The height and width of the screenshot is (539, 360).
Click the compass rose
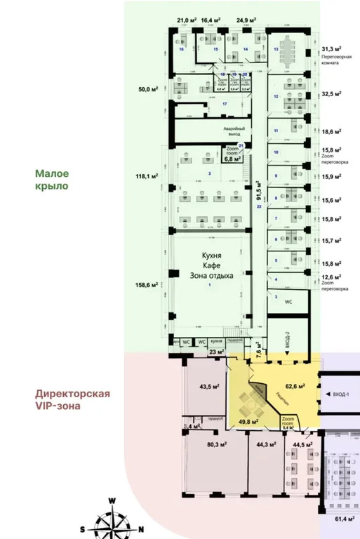click(x=112, y=519)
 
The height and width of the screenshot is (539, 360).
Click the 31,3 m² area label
click(x=331, y=49)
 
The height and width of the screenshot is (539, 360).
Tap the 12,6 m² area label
click(x=331, y=277)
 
